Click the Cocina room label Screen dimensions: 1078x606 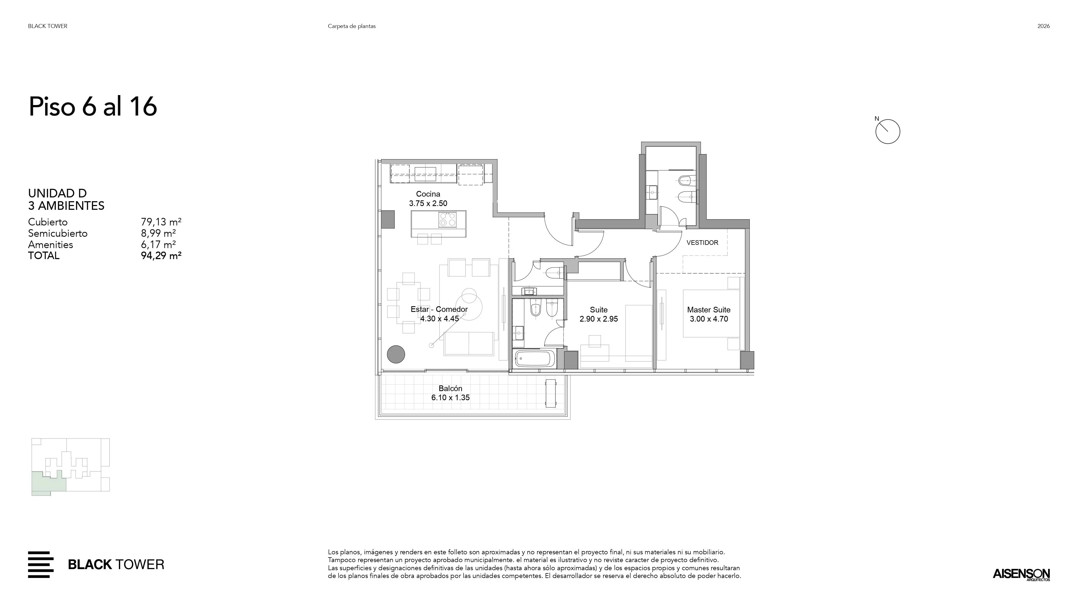(428, 194)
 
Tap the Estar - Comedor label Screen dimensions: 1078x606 (439, 309)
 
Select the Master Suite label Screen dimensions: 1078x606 (709, 310)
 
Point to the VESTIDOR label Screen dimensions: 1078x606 (702, 243)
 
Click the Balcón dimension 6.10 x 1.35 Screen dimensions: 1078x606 (450, 398)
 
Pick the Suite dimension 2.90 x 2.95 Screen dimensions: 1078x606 (598, 319)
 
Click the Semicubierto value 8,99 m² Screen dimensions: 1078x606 (158, 233)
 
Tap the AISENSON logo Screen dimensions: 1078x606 (1021, 574)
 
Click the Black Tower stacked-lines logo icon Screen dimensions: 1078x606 (41, 565)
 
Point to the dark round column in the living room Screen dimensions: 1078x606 (396, 354)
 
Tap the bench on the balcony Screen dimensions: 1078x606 (551, 393)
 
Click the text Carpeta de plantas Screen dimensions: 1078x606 (351, 26)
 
